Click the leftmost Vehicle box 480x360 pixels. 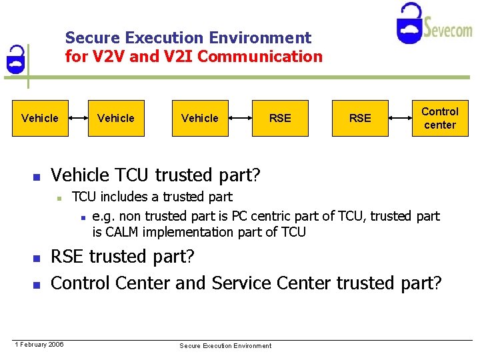tap(40, 118)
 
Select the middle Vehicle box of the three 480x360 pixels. tap(116, 118)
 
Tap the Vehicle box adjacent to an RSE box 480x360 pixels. tap(199, 118)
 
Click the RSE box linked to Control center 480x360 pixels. tap(360, 118)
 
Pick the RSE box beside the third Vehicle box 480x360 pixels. tap(280, 118)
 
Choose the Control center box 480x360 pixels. tap(440, 118)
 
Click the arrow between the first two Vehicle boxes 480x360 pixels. tap(78, 118)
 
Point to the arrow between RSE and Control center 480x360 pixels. tap(401, 118)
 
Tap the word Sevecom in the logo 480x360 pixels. tap(448, 29)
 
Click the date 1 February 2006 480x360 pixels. tap(40, 344)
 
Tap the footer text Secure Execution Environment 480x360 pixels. tap(225, 345)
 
